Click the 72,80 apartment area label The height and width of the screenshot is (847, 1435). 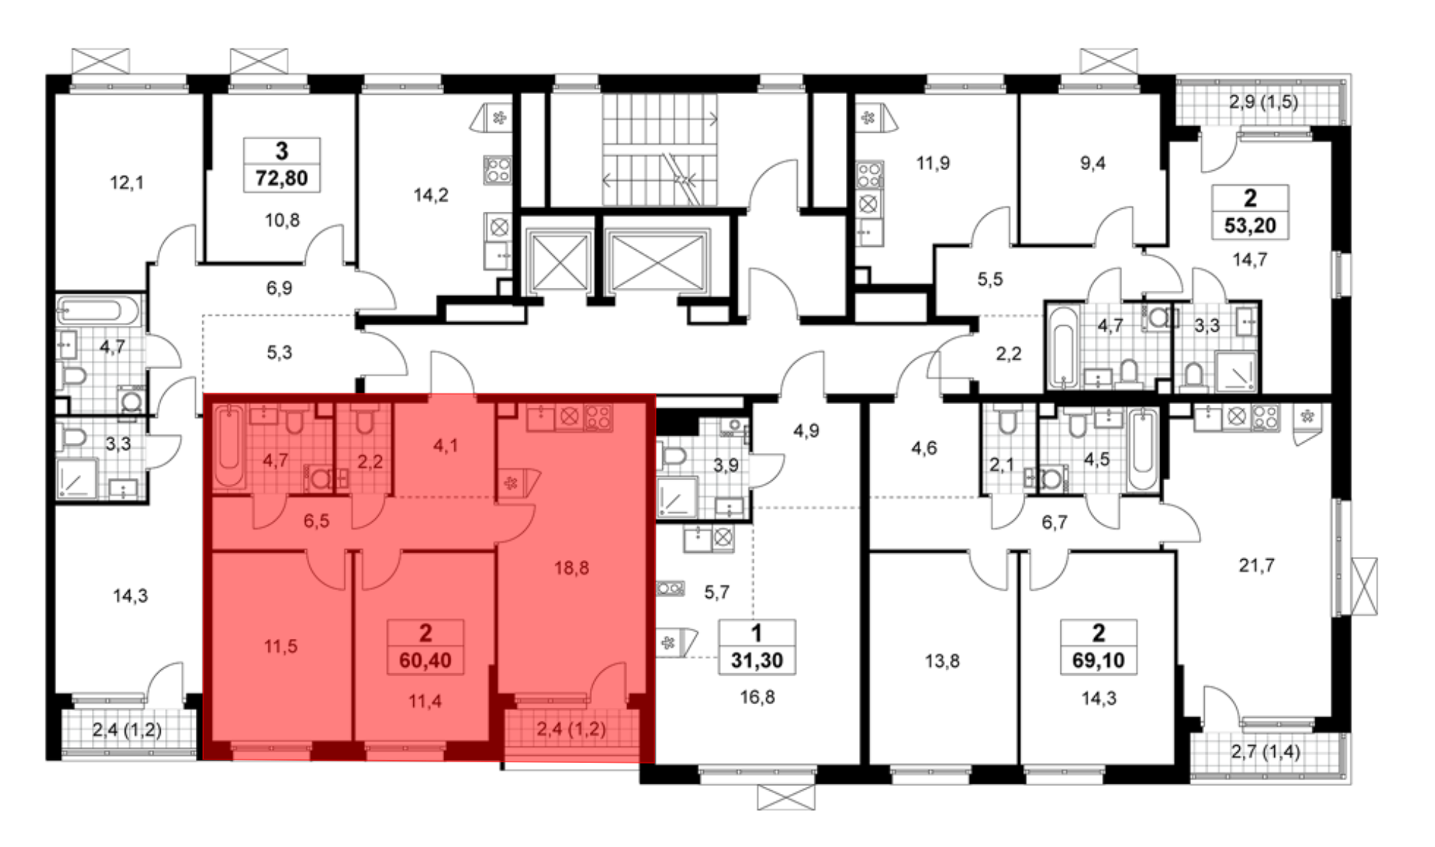(x=282, y=178)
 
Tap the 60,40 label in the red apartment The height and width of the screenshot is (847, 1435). (x=425, y=660)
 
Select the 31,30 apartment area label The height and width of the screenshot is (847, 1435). (x=757, y=660)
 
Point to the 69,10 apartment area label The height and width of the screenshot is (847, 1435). (x=1098, y=660)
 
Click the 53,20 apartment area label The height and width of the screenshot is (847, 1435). (x=1251, y=225)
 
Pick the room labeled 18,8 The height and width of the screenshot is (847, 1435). (x=572, y=568)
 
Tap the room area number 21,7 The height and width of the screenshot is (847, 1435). (x=1257, y=566)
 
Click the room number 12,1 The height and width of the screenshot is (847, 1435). (x=127, y=183)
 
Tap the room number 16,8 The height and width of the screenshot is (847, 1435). (x=758, y=697)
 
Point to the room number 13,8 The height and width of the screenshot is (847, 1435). (x=942, y=661)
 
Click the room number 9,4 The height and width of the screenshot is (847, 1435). (x=1093, y=164)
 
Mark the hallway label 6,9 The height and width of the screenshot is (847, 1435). (x=280, y=289)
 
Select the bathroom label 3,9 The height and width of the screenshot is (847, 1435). (x=726, y=465)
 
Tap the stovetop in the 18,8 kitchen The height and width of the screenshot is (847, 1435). (x=598, y=417)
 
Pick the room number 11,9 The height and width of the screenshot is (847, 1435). (x=933, y=164)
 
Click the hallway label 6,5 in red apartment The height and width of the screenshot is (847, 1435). (x=316, y=521)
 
